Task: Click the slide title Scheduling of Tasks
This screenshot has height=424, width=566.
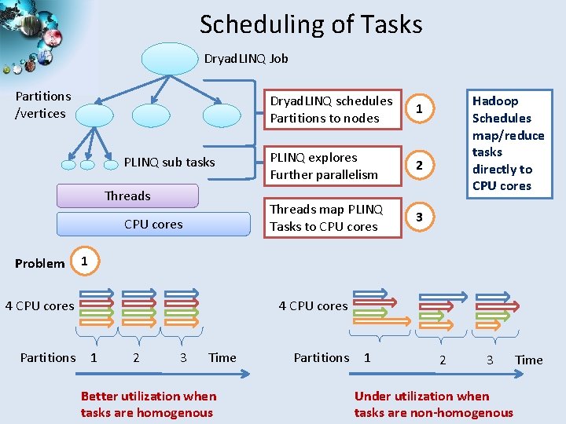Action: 311,24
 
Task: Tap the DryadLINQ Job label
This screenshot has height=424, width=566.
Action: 245,59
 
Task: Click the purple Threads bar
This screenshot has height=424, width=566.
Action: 127,196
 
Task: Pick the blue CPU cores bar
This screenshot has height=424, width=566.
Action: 153,225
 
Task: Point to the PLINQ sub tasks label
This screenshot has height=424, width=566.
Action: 169,163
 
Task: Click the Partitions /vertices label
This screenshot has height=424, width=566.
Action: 43,104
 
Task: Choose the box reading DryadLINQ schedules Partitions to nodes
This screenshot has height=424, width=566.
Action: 332,110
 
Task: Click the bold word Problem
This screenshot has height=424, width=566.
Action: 39,263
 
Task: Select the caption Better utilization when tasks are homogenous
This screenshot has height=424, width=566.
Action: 148,404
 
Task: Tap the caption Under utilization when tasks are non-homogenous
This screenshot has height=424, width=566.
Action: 433,404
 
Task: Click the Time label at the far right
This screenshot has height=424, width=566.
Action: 528,360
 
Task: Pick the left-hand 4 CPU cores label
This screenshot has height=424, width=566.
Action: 39,305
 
